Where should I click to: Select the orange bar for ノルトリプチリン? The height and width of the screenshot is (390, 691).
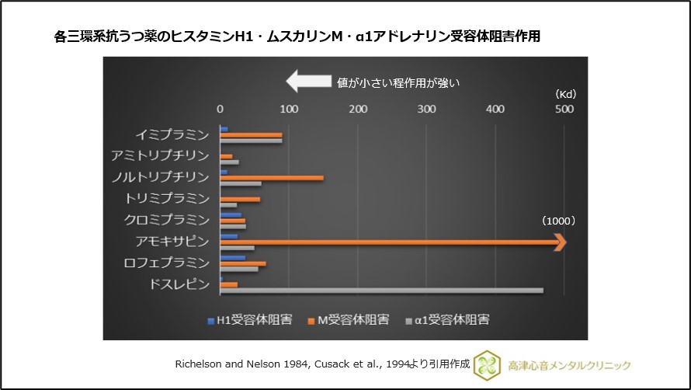coord(272,178)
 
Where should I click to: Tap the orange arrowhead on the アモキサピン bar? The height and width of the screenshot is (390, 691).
coord(561,243)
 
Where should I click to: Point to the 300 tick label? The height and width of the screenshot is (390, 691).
coord(426,109)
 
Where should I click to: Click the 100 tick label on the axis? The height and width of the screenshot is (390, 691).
coord(289,109)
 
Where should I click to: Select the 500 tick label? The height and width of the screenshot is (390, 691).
coord(564,109)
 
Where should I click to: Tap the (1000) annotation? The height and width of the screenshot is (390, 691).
coord(558,221)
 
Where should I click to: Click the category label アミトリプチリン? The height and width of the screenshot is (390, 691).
coord(160,155)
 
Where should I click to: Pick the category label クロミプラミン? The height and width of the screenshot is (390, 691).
coord(165,220)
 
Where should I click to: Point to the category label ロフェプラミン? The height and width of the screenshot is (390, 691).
coord(165,263)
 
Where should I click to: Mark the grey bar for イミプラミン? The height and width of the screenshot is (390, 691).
coord(251,141)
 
